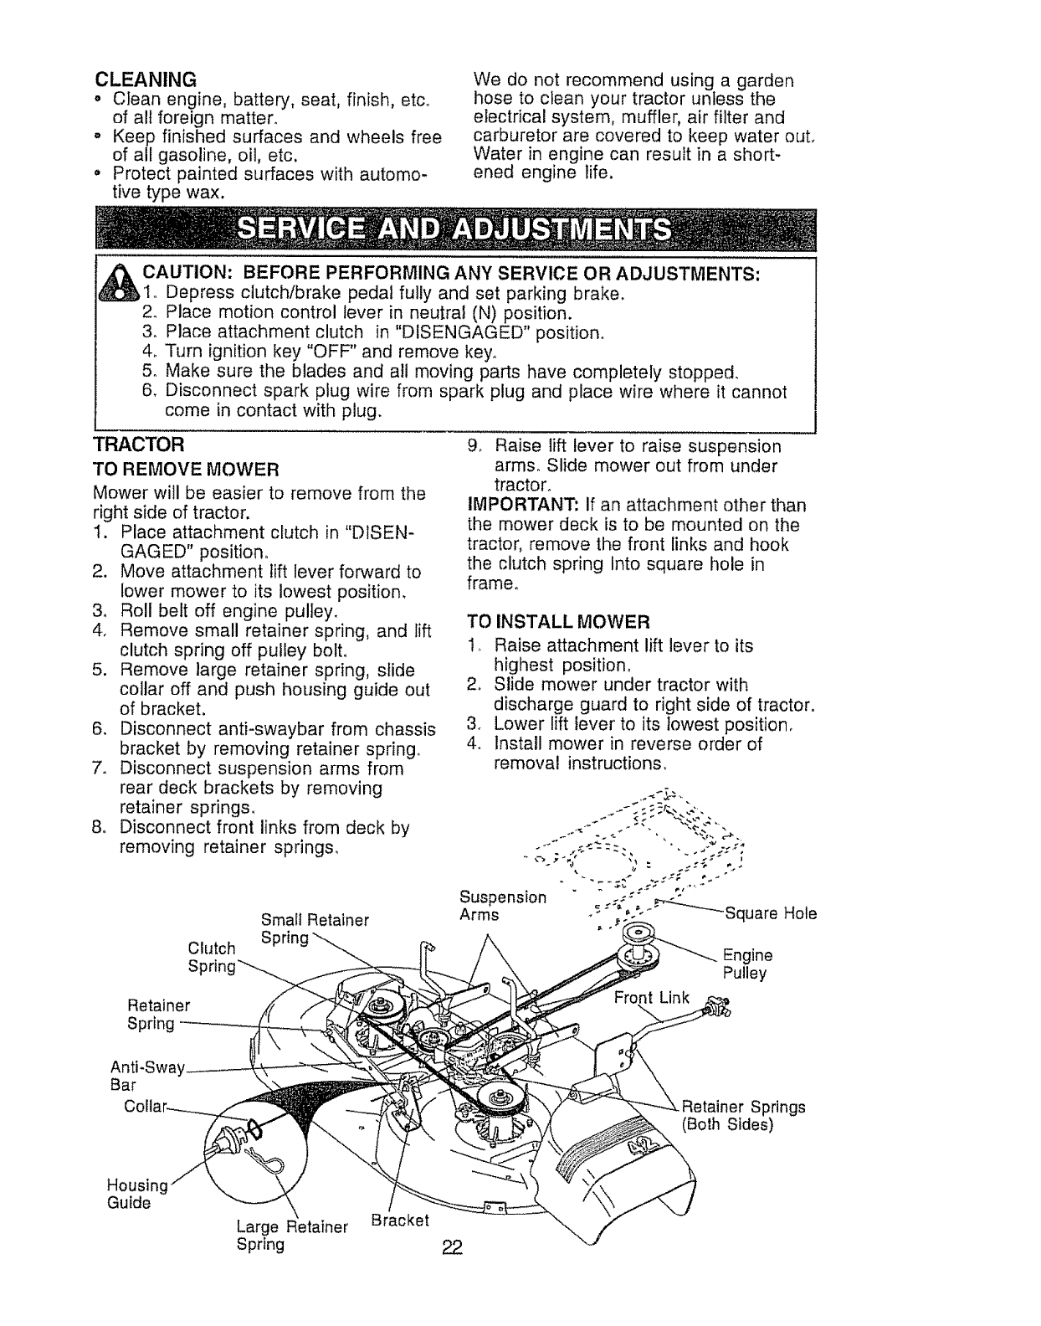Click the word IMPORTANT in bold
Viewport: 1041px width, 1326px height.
[x=510, y=506]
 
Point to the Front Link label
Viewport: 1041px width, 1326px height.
[x=652, y=997]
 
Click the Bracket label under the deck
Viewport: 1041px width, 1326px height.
[x=399, y=1219]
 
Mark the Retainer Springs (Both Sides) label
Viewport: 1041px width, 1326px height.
[x=743, y=1116]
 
